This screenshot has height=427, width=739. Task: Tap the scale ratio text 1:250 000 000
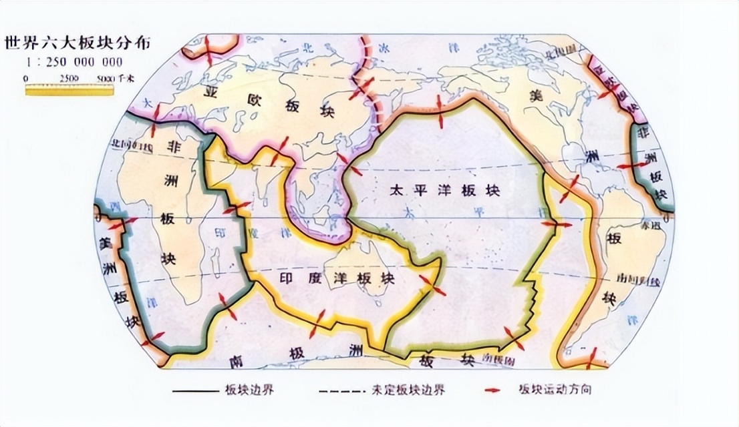click(74, 62)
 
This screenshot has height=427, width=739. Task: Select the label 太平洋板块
click(444, 191)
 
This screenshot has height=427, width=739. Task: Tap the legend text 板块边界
click(252, 390)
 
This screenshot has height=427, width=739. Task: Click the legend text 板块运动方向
click(553, 390)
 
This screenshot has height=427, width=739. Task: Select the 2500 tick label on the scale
click(69, 79)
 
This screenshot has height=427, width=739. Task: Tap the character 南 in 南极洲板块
click(234, 362)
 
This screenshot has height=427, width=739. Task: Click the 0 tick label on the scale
click(26, 79)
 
